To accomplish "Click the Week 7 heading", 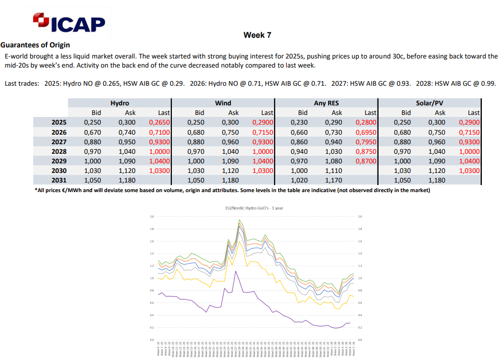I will click(258, 35).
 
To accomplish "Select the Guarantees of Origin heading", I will click(35, 45).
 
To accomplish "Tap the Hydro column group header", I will click(119, 103).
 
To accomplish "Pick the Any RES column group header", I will click(326, 103).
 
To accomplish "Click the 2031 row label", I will click(59, 180).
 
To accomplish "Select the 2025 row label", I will click(59, 122).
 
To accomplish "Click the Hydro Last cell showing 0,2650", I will click(159, 122).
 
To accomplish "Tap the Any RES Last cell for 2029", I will click(365, 161).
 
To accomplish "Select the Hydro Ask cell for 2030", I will click(128, 170).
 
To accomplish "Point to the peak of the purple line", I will click(235, 271).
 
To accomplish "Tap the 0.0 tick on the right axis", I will click(359, 340).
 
